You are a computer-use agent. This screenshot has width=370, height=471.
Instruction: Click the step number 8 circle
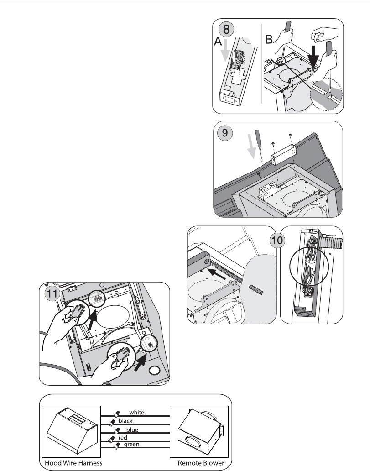[x=227, y=29]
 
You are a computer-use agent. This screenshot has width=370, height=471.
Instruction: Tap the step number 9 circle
[x=224, y=132]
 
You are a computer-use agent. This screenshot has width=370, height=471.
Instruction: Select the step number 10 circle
[x=277, y=241]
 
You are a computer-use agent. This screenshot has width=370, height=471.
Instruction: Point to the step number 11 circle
[x=52, y=293]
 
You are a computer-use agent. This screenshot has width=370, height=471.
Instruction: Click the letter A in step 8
[x=218, y=42]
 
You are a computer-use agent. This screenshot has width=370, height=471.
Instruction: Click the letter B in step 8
[x=269, y=39]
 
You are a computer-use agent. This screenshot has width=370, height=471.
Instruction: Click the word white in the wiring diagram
[x=137, y=413]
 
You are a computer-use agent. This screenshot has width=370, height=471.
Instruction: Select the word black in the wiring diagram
[x=125, y=421]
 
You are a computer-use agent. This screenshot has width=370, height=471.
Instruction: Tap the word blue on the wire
[x=132, y=429]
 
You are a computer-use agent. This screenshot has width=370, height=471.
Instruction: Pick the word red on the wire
[x=123, y=438]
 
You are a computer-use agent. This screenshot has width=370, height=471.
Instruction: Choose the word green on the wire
[x=131, y=444]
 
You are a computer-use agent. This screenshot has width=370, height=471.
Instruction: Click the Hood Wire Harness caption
[x=73, y=463]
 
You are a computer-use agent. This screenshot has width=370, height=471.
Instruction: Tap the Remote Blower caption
[x=201, y=463]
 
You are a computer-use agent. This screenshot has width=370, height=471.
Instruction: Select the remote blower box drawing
[x=200, y=432]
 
